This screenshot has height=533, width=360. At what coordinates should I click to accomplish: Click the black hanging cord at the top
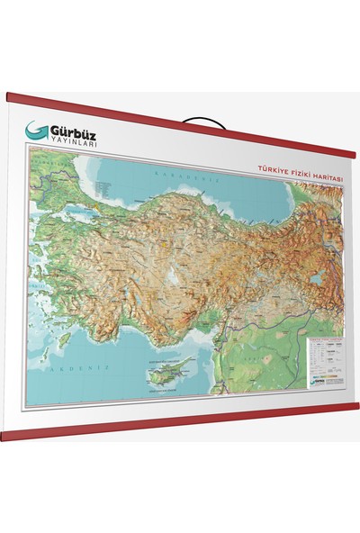[x=198, y=118]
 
